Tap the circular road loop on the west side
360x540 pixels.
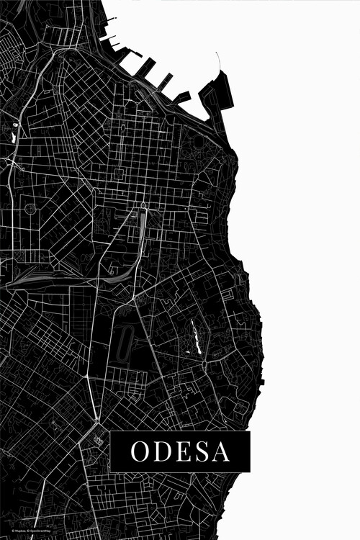point(30,208)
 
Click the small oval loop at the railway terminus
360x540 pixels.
point(143,206)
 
